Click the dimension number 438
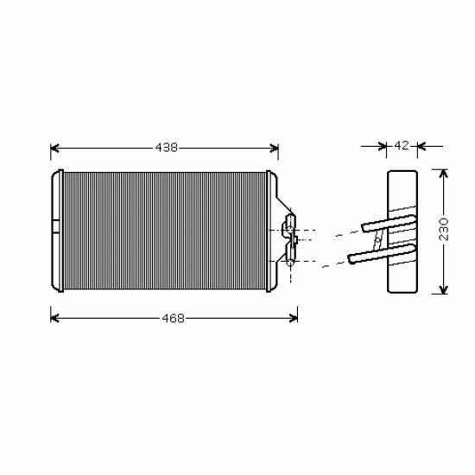coord(167,148)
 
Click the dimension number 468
coord(174,318)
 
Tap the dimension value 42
coord(402,146)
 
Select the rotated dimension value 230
coord(444,230)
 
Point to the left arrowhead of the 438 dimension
coord(54,149)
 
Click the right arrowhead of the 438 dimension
coord(274,149)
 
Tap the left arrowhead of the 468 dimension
coord(54,319)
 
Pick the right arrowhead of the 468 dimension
coord(294,319)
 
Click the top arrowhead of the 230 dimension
coord(444,174)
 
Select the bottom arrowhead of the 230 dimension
coord(444,289)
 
